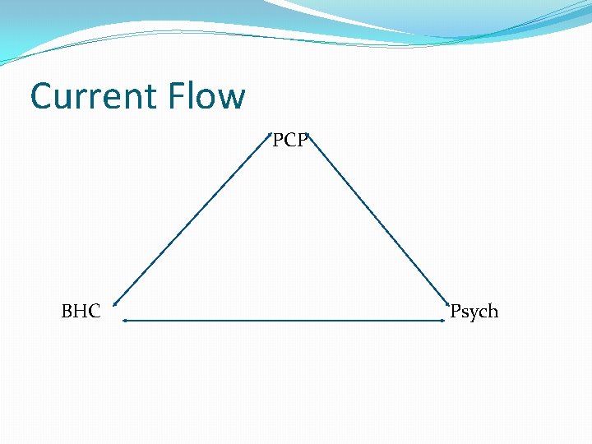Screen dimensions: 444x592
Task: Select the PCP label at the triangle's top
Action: [290, 141]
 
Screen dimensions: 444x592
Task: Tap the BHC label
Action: [81, 312]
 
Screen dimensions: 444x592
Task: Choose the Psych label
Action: [474, 312]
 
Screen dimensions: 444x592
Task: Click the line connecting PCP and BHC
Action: [193, 218]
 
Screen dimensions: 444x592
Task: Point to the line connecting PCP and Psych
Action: [381, 218]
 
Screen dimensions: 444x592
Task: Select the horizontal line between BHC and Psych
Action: [284, 321]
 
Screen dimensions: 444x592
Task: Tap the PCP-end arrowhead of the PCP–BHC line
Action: [269, 134]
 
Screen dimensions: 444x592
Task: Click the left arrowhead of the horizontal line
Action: [124, 321]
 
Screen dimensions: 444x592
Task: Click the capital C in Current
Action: [42, 96]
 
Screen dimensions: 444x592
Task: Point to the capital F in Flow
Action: [178, 96]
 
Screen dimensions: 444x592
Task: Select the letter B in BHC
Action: [67, 312]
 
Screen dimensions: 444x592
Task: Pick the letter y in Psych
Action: [471, 313]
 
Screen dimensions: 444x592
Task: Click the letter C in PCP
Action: [290, 141]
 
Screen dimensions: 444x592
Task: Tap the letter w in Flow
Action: [232, 99]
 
